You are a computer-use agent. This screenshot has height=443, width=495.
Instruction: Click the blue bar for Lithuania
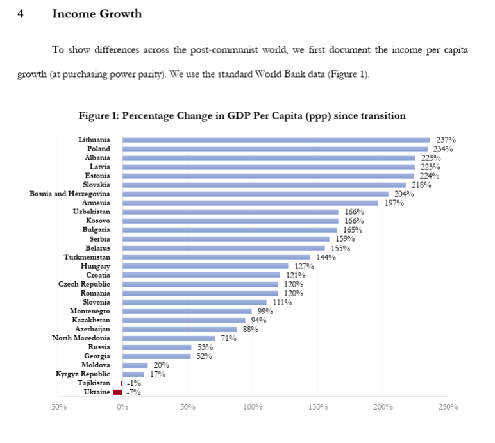[x=276, y=140]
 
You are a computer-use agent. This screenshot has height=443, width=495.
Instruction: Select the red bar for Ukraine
[x=117, y=392]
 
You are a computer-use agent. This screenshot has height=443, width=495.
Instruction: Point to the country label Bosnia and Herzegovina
[x=70, y=194]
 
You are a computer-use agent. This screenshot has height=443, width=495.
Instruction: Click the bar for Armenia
[x=250, y=203]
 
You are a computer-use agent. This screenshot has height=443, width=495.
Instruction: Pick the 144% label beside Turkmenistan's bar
[x=326, y=257]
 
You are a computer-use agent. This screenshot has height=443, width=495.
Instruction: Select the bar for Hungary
[x=205, y=266]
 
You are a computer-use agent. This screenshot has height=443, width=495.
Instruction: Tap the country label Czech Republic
[x=84, y=284]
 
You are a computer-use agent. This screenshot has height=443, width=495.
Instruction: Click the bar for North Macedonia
[x=169, y=338]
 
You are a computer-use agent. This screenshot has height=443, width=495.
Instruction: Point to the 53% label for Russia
[x=205, y=347]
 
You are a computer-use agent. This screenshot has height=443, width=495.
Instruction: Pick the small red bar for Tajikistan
[x=121, y=383]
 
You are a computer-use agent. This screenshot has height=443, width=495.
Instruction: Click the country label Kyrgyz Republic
[x=81, y=374]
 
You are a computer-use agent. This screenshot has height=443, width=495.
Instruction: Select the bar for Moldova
[x=135, y=365]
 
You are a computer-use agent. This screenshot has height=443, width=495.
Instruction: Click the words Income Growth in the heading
[x=97, y=13]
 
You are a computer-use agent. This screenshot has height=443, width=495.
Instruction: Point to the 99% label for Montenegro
[x=265, y=311]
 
